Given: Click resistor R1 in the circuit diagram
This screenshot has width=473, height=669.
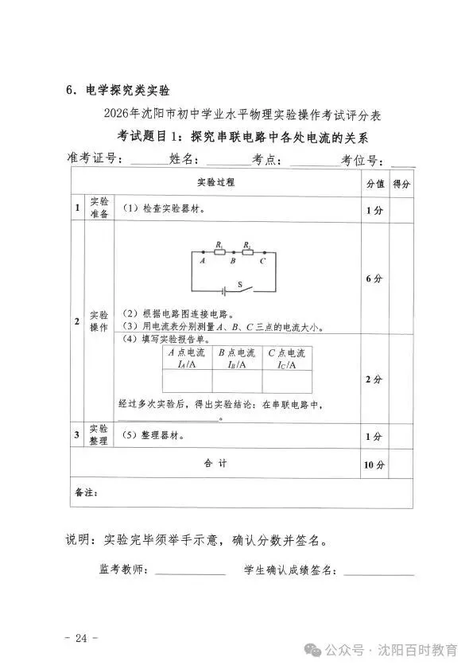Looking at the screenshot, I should pyautogui.click(x=219, y=251).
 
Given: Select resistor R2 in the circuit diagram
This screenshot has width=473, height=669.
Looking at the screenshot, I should pyautogui.click(x=247, y=251).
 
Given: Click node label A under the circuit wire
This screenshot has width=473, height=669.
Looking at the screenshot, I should pyautogui.click(x=203, y=261).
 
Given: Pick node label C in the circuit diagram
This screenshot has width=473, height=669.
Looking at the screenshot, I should pyautogui.click(x=262, y=261).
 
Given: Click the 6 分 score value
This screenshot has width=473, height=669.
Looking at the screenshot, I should pyautogui.click(x=374, y=278).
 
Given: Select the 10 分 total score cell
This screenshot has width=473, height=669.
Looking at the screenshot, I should pyautogui.click(x=374, y=465).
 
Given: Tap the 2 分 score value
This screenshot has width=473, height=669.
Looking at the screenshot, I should pyautogui.click(x=374, y=379).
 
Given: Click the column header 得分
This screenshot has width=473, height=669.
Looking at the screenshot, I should pyautogui.click(x=401, y=184).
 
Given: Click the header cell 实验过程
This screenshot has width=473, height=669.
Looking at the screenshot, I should pyautogui.click(x=215, y=183).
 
